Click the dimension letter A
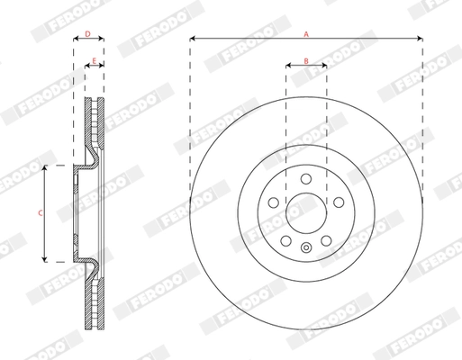pyautogui.click(x=306, y=33)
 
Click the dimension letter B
pyautogui.click(x=306, y=60)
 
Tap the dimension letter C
pyautogui.click(x=39, y=213)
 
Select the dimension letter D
pyautogui.click(x=87, y=34)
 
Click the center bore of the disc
pyautogui.click(x=306, y=213)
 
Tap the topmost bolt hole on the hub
pyautogui.click(x=306, y=177)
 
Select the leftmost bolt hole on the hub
pyautogui.click(x=272, y=202)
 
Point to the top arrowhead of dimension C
pyautogui.click(x=45, y=168)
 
